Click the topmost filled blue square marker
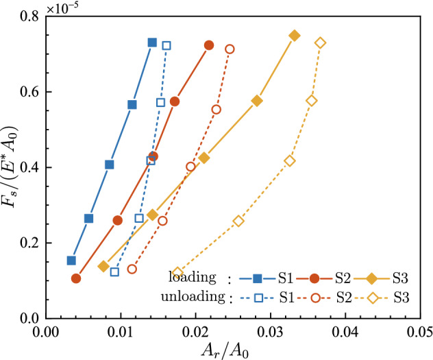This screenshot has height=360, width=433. (x=152, y=43)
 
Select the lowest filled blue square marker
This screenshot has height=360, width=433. (x=71, y=261)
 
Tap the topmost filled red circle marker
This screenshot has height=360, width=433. (x=209, y=45)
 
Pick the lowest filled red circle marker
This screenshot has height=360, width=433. (x=76, y=278)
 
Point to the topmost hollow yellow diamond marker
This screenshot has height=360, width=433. (x=320, y=43)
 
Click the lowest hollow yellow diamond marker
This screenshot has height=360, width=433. (x=177, y=273)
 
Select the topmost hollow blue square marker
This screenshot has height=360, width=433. (x=166, y=46)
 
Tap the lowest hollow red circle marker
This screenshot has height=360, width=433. (x=132, y=269)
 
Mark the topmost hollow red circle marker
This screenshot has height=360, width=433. (x=230, y=49)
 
